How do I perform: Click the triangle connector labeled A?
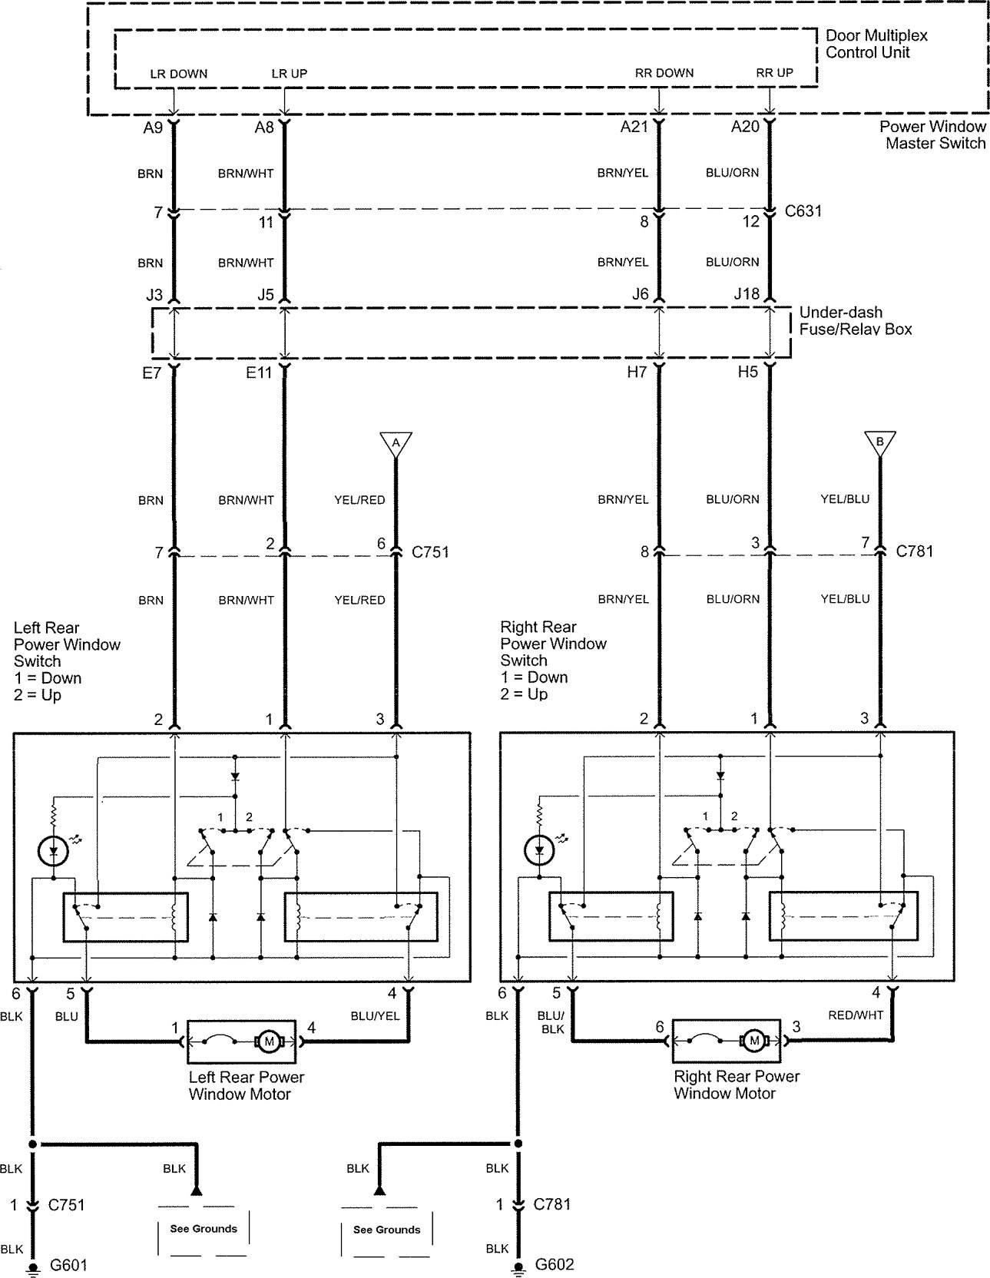[x=396, y=444]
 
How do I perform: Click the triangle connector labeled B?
[x=880, y=444]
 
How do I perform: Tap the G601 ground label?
[x=68, y=1264]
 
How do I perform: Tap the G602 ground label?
[x=554, y=1264]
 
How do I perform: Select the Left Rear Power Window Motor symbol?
[x=241, y=1041]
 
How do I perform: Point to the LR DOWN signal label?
[x=179, y=74]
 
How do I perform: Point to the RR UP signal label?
[x=775, y=73]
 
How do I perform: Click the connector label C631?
[x=803, y=210]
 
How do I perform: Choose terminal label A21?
[x=634, y=127]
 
